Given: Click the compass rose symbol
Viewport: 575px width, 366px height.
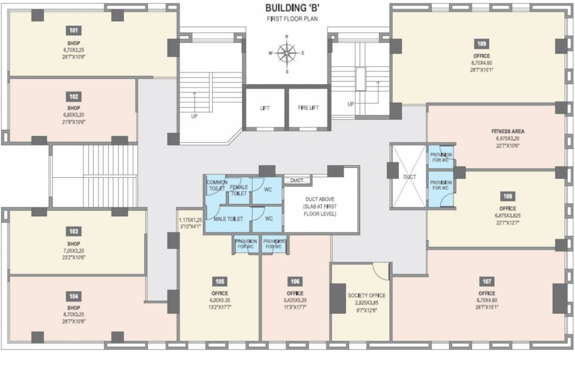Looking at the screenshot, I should click(x=287, y=53).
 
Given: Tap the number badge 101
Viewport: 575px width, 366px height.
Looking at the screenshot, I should click(x=73, y=31).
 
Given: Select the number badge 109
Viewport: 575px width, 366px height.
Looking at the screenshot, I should click(x=482, y=44).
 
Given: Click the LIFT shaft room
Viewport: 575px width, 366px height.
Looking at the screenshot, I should click(x=265, y=108).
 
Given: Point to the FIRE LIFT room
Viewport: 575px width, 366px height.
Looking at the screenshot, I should click(x=308, y=108).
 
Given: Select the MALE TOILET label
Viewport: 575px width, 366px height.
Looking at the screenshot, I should click(x=228, y=219).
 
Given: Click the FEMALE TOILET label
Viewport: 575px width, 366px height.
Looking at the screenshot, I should click(x=239, y=190).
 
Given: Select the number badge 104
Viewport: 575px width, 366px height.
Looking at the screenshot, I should click(x=73, y=296).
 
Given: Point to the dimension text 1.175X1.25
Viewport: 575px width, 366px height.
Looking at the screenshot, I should click(x=191, y=220).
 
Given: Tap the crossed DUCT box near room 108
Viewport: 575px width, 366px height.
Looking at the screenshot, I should click(x=409, y=176).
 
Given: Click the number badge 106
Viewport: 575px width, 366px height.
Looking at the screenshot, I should click(x=295, y=281).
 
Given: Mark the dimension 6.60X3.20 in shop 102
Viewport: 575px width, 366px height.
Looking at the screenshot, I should click(x=73, y=115).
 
